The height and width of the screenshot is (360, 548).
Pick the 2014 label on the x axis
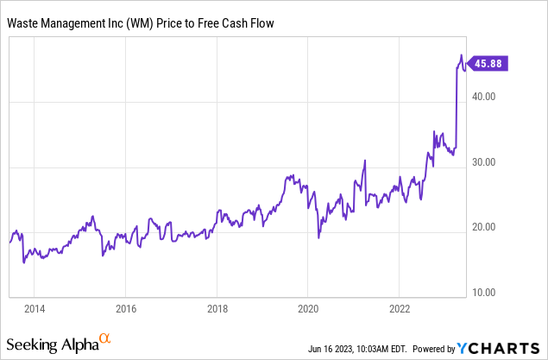[35, 308]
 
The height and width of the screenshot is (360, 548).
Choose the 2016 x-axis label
[126, 308]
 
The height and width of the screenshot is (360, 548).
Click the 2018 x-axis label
[217, 308]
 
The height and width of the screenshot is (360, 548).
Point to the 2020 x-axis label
[309, 308]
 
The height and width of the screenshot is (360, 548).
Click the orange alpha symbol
[105, 339]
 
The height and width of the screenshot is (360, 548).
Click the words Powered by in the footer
[436, 349]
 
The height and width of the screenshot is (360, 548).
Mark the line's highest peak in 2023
[461, 56]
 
